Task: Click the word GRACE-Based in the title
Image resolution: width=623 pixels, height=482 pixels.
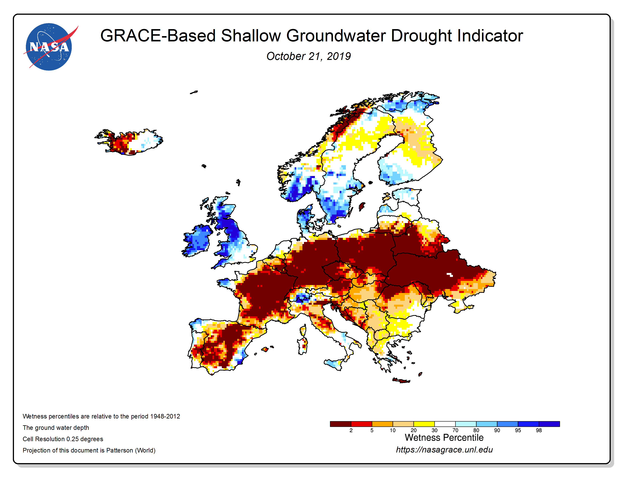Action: coord(158,36)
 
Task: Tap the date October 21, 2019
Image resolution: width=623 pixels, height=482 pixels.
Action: coord(309,56)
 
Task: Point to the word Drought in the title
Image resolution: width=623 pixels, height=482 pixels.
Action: coord(422,36)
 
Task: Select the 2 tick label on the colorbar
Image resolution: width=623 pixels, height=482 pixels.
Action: coord(351,430)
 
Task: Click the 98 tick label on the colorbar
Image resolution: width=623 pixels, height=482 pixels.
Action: coord(539,430)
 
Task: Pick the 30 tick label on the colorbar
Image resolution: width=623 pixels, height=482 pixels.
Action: coord(434,430)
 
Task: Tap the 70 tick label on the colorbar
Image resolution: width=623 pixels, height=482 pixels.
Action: coord(455,430)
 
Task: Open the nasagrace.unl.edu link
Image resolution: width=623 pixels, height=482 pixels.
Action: coord(444,450)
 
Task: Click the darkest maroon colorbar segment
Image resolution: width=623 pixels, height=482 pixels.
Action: coord(340,424)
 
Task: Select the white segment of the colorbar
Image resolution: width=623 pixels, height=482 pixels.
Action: coord(445,424)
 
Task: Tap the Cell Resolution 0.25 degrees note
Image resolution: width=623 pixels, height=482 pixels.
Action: coord(63,439)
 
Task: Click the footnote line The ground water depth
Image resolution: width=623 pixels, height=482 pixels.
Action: coord(56,427)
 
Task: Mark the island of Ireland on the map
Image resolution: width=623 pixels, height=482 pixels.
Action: coord(197,240)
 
